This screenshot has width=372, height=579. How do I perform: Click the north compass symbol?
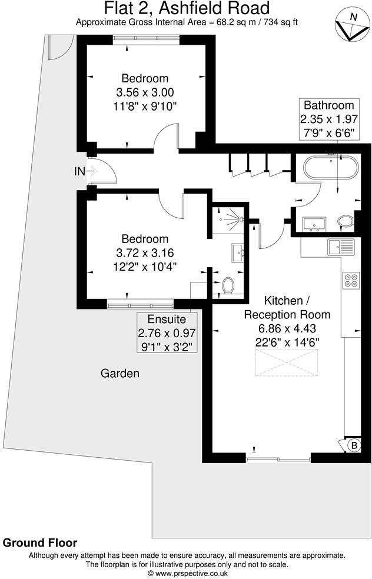click(x=351, y=26)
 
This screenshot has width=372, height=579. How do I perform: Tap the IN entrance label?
click(x=79, y=171)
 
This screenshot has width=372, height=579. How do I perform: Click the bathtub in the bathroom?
click(x=330, y=168)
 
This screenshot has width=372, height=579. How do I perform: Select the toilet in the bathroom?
click(x=346, y=222)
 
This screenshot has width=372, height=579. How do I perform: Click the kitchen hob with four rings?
click(x=351, y=280)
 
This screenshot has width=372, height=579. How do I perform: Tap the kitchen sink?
click(x=341, y=247)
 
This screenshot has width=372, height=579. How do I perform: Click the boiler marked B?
click(x=354, y=445)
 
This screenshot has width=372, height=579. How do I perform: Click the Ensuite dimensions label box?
click(x=167, y=332)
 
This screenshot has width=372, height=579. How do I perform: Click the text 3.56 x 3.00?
click(x=145, y=92)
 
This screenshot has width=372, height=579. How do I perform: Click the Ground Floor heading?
click(x=40, y=543)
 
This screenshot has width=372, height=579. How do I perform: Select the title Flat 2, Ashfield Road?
click(x=187, y=9)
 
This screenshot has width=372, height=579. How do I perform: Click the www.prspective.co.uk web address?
click(x=187, y=573)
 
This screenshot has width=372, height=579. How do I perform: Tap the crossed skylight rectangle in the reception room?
click(x=286, y=361)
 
